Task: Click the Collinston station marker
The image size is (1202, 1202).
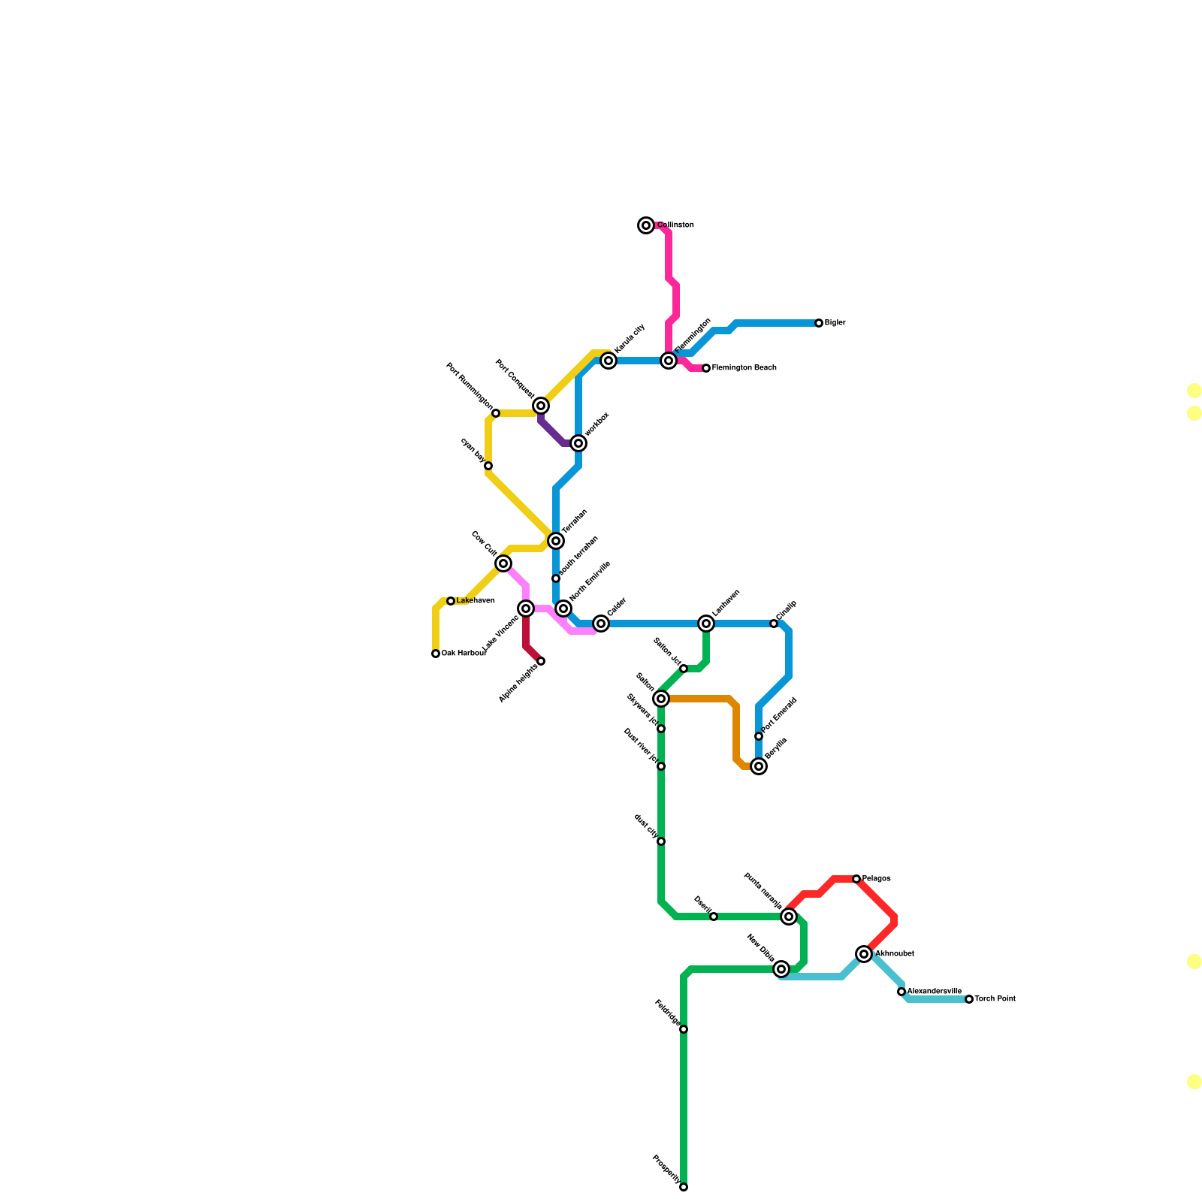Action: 646,225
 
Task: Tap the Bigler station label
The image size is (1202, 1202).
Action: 835,323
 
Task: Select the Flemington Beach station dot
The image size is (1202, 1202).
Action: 706,368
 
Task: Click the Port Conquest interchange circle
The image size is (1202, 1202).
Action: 541,406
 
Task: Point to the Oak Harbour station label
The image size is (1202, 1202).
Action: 464,654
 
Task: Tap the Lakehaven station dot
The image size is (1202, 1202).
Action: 451,601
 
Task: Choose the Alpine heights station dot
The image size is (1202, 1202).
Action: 541,661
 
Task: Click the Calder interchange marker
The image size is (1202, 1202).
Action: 601,624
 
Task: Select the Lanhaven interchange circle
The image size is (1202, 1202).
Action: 706,624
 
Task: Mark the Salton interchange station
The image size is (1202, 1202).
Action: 661,699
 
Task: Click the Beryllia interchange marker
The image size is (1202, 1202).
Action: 759,766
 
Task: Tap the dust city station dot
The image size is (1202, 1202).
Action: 661,841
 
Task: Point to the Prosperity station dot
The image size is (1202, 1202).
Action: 684,1187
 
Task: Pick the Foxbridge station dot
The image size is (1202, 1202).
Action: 684,1029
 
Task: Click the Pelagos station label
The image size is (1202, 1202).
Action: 877,879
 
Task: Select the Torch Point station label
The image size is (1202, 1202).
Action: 995,999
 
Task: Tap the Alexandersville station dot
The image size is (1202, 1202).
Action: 901,992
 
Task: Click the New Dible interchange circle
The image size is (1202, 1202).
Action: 781,969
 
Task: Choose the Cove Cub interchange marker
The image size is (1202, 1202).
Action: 503,563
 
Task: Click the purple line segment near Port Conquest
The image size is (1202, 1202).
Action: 551,433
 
